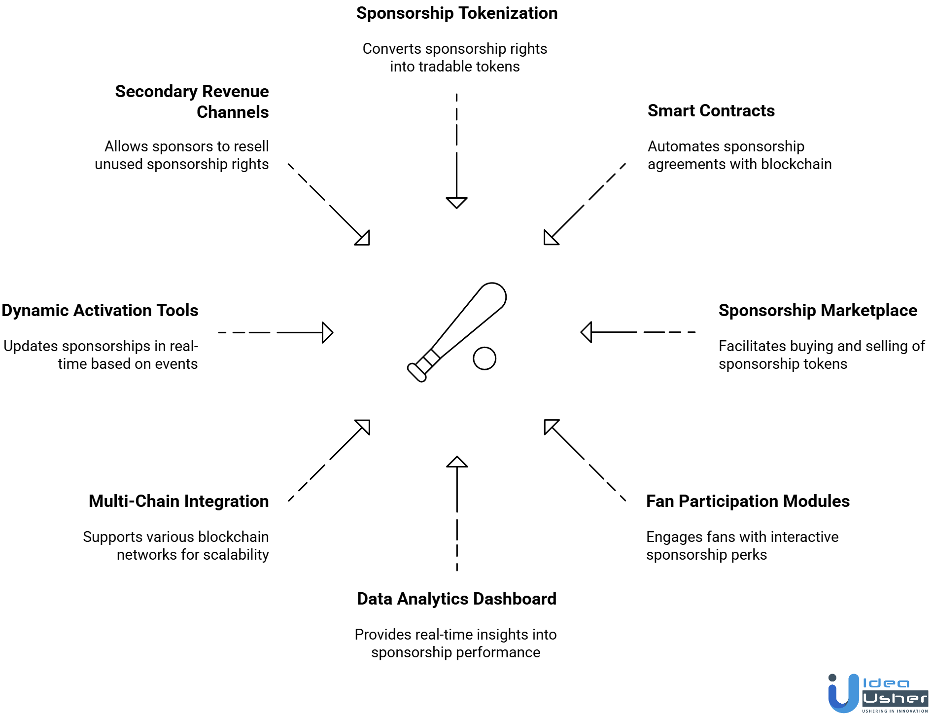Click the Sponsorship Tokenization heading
[457, 13]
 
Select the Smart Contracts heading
[711, 111]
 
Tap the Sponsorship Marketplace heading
[818, 311]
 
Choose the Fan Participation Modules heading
[748, 501]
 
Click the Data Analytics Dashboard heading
[456, 599]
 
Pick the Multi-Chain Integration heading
[178, 501]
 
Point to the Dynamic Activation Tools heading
[100, 311]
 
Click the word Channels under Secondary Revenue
[233, 112]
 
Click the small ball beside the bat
[484, 358]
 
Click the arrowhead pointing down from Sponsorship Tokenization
[456, 202]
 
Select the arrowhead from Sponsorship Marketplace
[587, 332]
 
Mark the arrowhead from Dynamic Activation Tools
[327, 332]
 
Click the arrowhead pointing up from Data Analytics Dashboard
[457, 462]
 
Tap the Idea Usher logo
[877, 693]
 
